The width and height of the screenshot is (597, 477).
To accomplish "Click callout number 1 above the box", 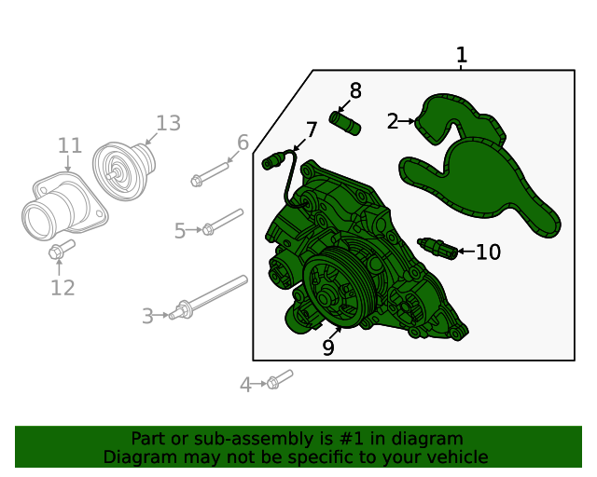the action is pos(462,55).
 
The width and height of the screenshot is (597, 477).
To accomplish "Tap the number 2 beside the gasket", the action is pos(393,121).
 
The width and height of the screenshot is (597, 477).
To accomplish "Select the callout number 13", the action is pos(168,123).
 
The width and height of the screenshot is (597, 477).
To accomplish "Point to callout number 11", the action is pos(70,145).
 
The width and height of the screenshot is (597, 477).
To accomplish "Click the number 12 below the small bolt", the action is pos(62,288).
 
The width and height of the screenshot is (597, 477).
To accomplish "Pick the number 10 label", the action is pos(488,252).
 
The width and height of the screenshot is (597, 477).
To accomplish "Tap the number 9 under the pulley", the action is pos(328,347).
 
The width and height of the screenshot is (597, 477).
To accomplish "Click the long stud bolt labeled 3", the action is pos(208,297).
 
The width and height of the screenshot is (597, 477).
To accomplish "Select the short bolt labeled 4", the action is pos(280,379).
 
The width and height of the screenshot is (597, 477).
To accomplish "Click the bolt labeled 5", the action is pos(223,222).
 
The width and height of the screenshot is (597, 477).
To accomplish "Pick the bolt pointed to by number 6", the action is pos(209,174).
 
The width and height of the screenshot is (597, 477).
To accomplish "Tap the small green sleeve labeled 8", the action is pos(345,123).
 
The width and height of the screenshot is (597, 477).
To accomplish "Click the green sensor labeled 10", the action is pos(437,249).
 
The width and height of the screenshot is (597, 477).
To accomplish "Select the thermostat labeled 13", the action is pos(124,170).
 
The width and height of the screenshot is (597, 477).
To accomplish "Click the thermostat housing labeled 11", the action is pos(64,206).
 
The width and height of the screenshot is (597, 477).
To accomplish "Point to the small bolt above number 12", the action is pos(62,250).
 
